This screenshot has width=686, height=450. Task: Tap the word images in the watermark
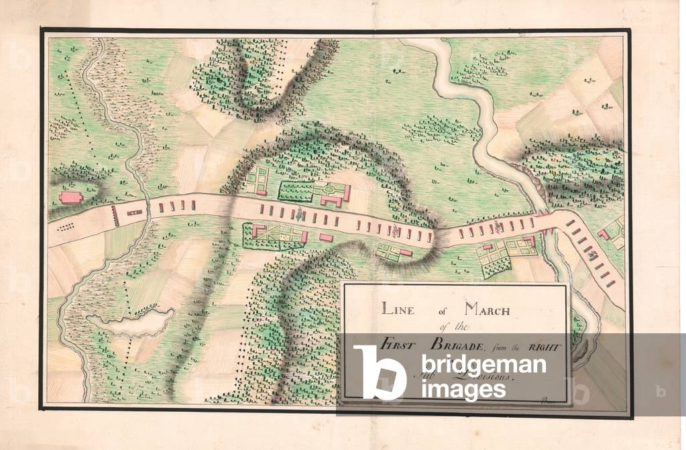[x=452, y=390]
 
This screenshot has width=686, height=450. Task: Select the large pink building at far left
[x=69, y=197]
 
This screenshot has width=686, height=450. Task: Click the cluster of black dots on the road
[x=67, y=227]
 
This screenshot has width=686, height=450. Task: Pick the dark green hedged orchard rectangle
[x=296, y=191]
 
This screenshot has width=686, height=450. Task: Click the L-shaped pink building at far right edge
[x=604, y=233]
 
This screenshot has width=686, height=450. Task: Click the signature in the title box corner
[x=543, y=400]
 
